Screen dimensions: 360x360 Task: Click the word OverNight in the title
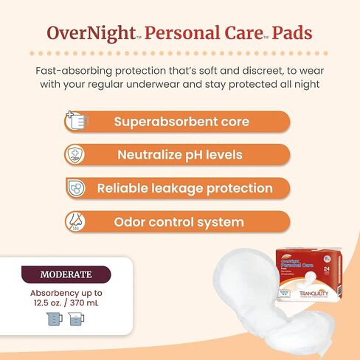click(79, 33)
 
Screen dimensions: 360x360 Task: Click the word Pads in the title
click(289, 33)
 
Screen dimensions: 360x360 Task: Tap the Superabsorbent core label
click(181, 122)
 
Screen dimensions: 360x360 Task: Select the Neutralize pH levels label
click(180, 155)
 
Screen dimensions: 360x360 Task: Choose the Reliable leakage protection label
click(185, 188)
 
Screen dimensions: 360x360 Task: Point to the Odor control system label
click(179, 221)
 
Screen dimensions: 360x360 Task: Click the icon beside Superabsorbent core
click(75, 122)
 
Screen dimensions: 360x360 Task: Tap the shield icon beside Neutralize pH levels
click(75, 155)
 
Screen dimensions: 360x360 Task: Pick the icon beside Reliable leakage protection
click(75, 188)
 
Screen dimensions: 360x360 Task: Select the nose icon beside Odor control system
click(75, 221)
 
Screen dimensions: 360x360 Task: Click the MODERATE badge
click(66, 274)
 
